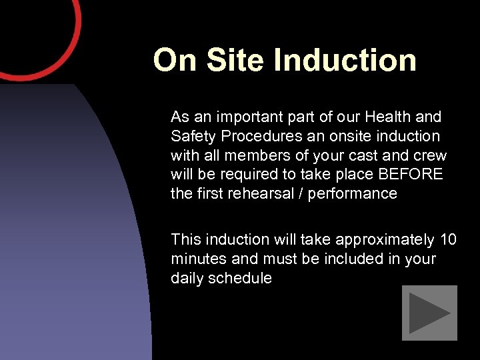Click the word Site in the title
coord(236,60)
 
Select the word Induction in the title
coord(345,60)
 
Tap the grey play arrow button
coord(429,313)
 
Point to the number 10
coord(449,239)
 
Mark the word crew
coord(432,156)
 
